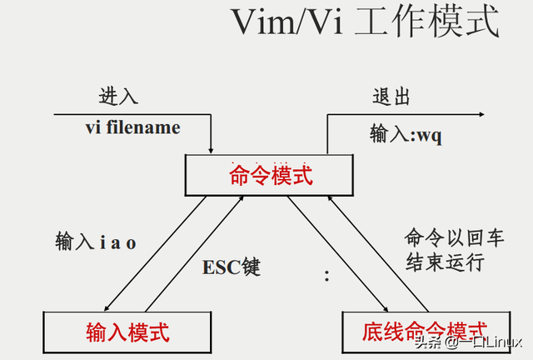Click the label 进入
[x=119, y=96]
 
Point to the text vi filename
[x=132, y=128]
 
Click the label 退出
[x=391, y=96]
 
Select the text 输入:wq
[x=406, y=133]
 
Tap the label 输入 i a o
[x=96, y=242]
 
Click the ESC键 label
[x=232, y=267]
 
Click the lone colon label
[x=326, y=277]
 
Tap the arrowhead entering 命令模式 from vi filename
[x=212, y=151]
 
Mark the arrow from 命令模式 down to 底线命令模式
[x=337, y=251]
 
